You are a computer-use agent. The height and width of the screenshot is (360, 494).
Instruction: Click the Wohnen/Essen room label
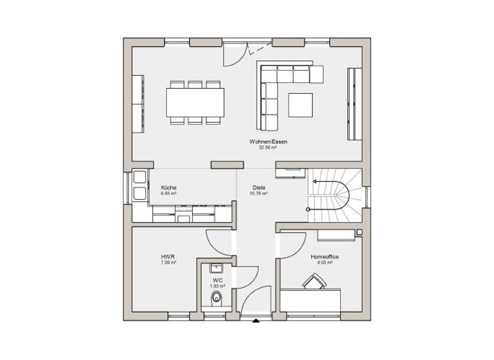[263, 141]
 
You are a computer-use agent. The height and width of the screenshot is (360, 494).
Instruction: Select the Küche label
[168, 187]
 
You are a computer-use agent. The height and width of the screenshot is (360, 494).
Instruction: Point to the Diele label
[259, 187]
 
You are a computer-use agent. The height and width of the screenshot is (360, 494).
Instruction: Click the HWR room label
[167, 256]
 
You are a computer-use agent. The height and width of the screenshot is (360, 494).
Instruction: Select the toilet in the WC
[217, 297]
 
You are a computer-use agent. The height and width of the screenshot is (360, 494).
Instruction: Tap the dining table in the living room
[196, 100]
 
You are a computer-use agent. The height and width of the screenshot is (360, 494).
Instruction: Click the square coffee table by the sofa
[300, 105]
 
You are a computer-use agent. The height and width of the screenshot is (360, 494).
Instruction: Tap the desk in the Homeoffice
[311, 300]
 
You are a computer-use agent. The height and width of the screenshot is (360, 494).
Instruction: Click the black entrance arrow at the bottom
[256, 319]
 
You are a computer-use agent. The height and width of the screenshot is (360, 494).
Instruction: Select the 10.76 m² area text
[259, 193]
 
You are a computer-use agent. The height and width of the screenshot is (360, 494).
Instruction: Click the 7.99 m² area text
[168, 262]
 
